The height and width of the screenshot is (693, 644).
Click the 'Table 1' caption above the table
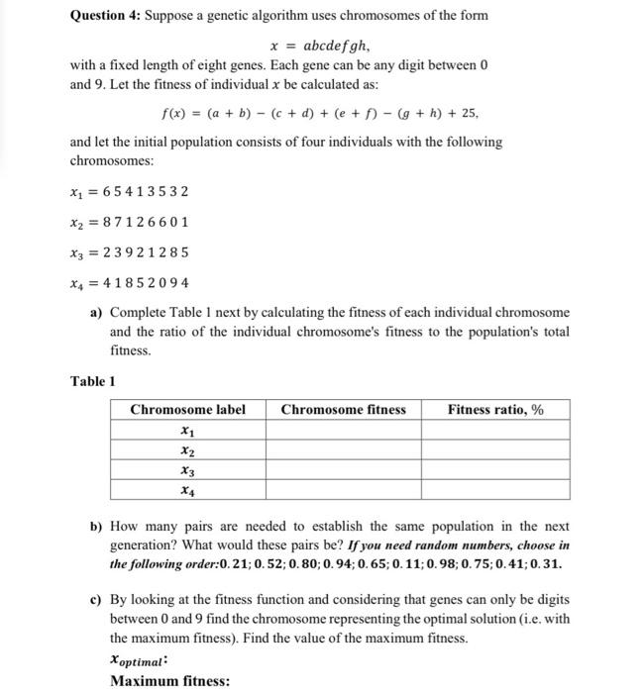[x=92, y=380]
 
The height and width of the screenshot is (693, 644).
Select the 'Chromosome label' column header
[x=187, y=410]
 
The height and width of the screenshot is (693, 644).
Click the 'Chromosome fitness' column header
[x=343, y=410]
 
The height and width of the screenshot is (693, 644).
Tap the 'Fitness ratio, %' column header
[x=494, y=410]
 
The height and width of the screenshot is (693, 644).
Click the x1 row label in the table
[x=187, y=431]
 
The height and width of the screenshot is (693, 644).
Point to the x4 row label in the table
[x=187, y=489]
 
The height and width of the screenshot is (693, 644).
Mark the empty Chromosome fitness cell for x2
[x=343, y=450]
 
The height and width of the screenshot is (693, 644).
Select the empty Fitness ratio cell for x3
[x=494, y=470]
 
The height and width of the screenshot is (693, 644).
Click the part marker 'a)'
[x=97, y=314]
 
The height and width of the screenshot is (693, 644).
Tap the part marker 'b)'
[x=97, y=527]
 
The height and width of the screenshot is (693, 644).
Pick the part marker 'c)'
[x=97, y=600]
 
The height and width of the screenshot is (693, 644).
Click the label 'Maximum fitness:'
[x=169, y=681]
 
